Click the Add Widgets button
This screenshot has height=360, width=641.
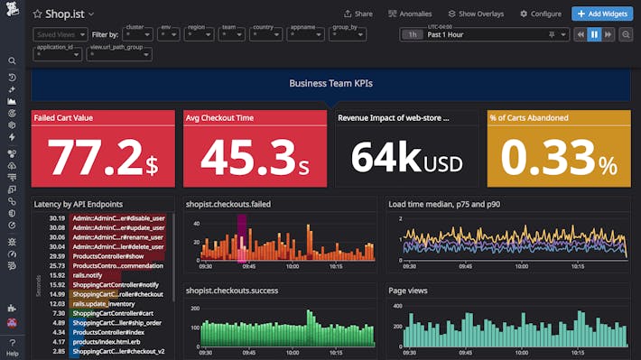(x=602, y=14)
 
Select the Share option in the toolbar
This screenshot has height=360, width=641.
(x=358, y=14)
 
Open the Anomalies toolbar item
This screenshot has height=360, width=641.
(x=410, y=14)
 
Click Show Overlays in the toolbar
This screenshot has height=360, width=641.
(x=474, y=14)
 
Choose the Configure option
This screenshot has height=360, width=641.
(x=540, y=14)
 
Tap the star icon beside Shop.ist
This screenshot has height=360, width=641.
(x=37, y=14)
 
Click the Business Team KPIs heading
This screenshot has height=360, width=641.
(x=330, y=83)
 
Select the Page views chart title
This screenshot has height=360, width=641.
(x=408, y=291)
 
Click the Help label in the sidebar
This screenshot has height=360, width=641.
(x=12, y=342)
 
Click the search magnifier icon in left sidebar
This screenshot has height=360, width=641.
(x=12, y=61)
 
